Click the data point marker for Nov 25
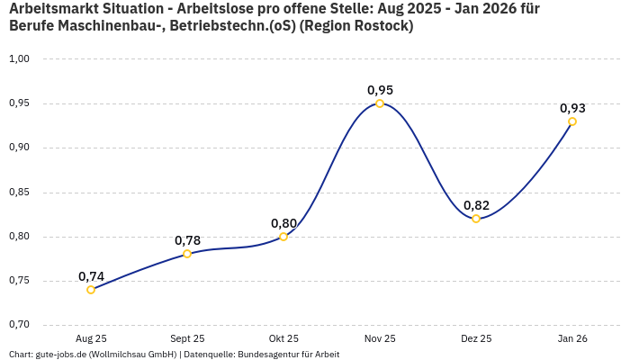pos(380,103)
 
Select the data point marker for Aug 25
pos(91,290)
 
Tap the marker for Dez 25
pos(476,219)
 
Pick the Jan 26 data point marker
pos(572,121)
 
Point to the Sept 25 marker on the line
pos(187,254)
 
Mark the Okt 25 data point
pos(283,237)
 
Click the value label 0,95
pos(380,90)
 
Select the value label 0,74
pos(91,276)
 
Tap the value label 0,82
pos(476,205)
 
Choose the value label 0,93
pos(572,108)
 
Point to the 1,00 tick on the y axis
pos(19,59)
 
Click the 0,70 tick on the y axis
pos(19,325)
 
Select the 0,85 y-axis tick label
pos(19,193)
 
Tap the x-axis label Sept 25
pos(187,339)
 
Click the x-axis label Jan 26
pos(572,339)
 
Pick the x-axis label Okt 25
pos(283,339)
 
